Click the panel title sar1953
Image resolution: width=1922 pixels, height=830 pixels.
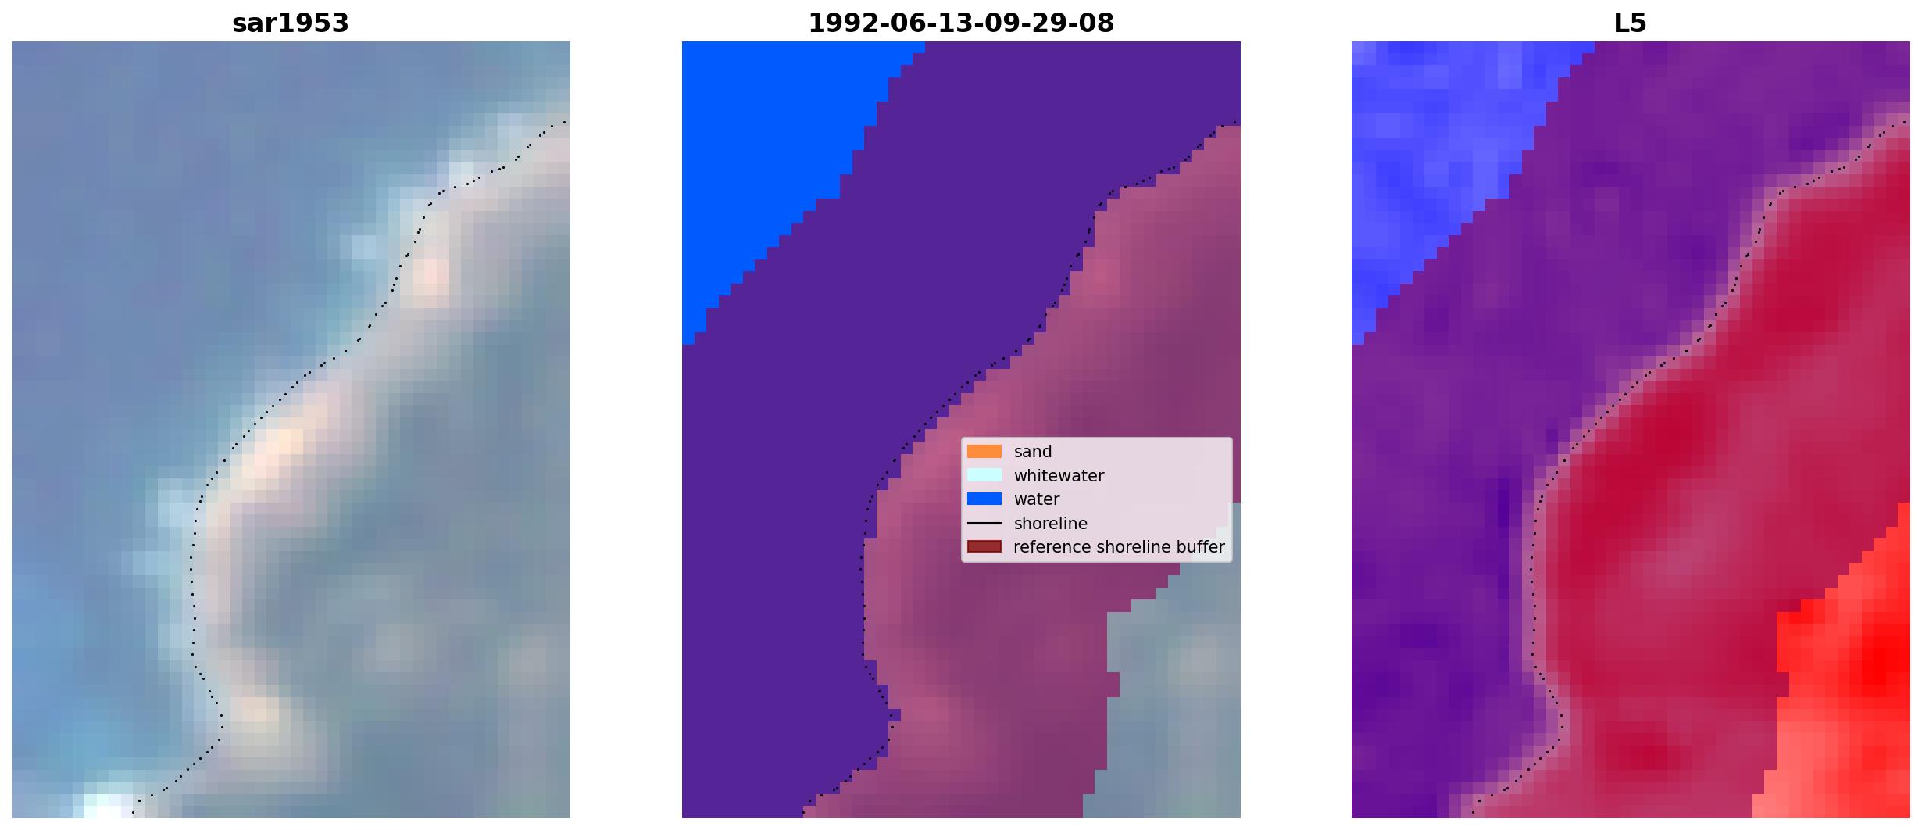[x=291, y=23]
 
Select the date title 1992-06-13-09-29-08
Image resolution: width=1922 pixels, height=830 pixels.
[x=961, y=23]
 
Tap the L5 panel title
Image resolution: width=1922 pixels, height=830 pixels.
[x=1631, y=23]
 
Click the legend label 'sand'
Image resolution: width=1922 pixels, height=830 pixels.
[x=1033, y=452]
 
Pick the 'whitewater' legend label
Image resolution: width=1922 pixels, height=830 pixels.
[x=1059, y=476]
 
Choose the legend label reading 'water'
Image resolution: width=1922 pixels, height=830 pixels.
[x=1037, y=499]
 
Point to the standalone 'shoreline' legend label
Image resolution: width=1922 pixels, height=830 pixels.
[x=1050, y=524]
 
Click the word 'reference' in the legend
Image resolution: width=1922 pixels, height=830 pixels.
[x=1047, y=547]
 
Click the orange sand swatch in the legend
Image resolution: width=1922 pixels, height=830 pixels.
[x=984, y=452]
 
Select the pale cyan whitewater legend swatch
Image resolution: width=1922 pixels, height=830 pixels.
[x=984, y=475]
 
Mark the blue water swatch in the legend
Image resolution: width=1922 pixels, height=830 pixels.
[x=984, y=499]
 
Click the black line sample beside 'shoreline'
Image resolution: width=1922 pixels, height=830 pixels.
[x=984, y=523]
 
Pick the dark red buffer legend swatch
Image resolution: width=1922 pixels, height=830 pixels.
[x=984, y=547]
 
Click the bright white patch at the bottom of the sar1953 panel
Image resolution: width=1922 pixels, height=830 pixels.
[x=105, y=805]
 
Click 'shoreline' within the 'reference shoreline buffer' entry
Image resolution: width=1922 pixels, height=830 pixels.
[x=1127, y=547]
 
